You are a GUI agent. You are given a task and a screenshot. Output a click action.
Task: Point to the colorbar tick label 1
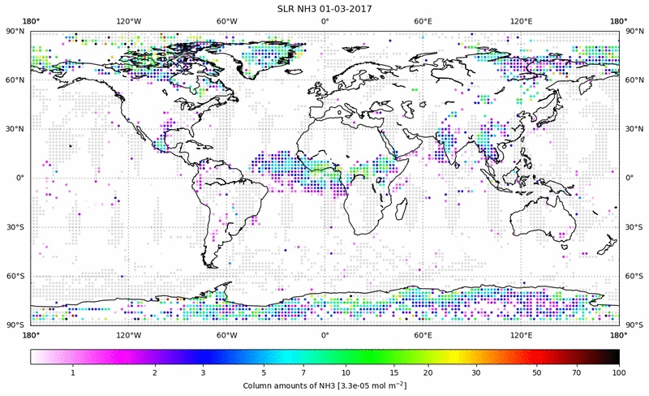coord(73,372)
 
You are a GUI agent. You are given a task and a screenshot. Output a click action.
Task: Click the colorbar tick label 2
coord(154,372)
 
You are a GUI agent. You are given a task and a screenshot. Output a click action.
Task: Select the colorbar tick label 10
coord(347,372)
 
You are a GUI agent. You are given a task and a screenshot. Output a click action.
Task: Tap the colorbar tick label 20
coord(427,372)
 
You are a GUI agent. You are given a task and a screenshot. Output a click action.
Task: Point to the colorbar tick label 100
coord(619,372)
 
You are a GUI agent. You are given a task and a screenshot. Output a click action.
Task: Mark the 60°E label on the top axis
coord(423,21)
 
